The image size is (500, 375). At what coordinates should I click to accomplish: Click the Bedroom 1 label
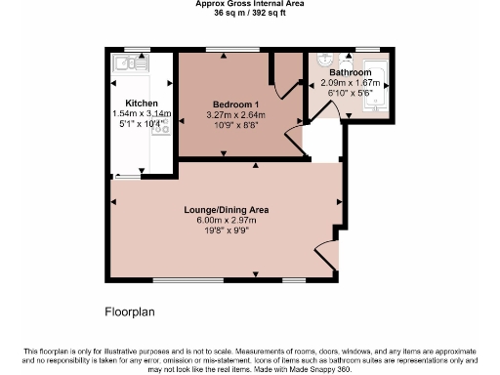tap(235, 103)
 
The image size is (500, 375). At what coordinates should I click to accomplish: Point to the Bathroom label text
tap(350, 72)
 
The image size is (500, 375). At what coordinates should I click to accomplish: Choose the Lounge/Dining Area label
tap(226, 209)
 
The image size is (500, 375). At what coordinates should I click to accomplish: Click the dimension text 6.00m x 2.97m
tap(226, 220)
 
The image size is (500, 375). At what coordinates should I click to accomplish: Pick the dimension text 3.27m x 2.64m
tap(235, 113)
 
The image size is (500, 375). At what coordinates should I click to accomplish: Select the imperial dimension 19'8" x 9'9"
tap(226, 230)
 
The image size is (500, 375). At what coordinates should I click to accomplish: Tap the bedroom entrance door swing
tap(292, 139)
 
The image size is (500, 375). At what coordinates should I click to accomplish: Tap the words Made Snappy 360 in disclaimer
tap(322, 370)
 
